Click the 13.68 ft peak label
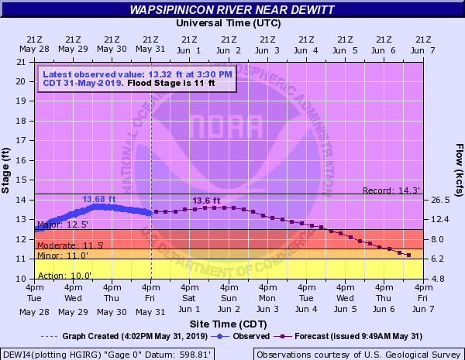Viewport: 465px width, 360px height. [98, 199]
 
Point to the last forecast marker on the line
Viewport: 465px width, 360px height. [409, 255]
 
